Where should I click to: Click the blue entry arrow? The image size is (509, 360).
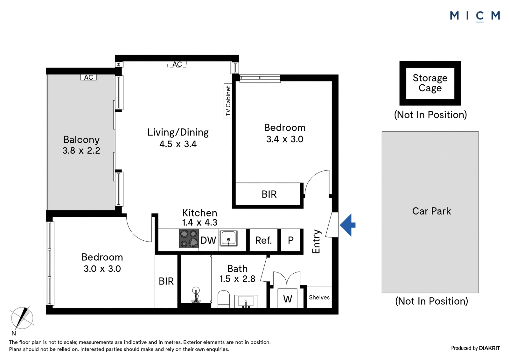[x=348, y=225]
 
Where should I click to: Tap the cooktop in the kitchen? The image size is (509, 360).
[x=189, y=238]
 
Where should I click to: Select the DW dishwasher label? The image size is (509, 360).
[x=208, y=240]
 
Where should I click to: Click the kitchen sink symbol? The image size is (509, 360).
[x=228, y=238]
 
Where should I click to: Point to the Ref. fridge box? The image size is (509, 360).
[x=264, y=240]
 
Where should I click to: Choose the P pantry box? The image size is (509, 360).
[x=291, y=240]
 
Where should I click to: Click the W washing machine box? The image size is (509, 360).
[x=288, y=298]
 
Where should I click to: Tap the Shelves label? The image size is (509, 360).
[x=319, y=297]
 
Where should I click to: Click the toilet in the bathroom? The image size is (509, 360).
[x=224, y=299]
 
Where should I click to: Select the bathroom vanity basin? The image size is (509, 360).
[x=246, y=301]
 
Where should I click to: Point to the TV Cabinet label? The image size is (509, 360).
[x=228, y=101]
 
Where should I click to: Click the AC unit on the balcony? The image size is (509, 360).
[x=88, y=77]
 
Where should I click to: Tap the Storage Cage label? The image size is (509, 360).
[x=430, y=83]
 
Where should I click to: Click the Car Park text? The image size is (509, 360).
[x=431, y=211]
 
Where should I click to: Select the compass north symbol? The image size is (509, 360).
[x=22, y=318]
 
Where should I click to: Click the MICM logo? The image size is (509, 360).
[x=475, y=16]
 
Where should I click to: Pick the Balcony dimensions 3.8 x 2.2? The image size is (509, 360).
[x=81, y=151]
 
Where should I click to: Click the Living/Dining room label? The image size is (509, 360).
[x=178, y=132]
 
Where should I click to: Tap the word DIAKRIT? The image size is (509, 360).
[x=490, y=348]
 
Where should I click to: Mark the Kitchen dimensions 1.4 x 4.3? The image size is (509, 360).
[x=200, y=222]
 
